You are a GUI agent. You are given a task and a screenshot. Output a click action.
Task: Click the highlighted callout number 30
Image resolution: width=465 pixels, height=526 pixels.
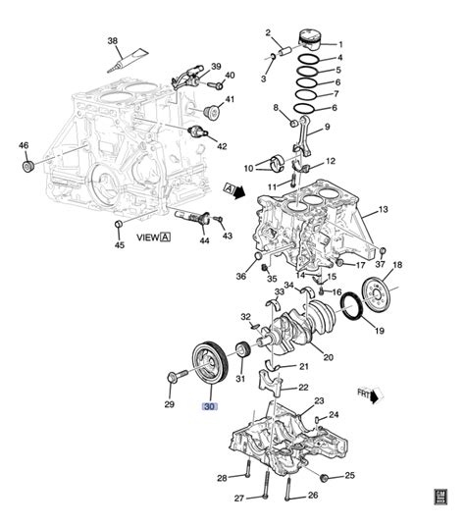point(210,405)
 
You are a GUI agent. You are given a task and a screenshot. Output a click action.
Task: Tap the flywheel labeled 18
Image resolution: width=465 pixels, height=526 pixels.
point(376,292)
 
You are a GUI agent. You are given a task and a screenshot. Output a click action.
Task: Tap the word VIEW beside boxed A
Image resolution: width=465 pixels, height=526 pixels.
point(147,237)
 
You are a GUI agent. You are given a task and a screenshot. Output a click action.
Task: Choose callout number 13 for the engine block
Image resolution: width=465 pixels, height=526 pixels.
point(383,209)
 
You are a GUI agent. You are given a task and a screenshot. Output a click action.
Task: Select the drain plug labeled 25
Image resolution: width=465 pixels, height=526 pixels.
point(323,476)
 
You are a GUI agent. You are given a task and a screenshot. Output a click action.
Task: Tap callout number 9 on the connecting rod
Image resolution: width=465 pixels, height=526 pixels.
point(326,127)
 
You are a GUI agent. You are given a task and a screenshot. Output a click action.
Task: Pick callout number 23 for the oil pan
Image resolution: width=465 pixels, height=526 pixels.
point(318,401)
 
